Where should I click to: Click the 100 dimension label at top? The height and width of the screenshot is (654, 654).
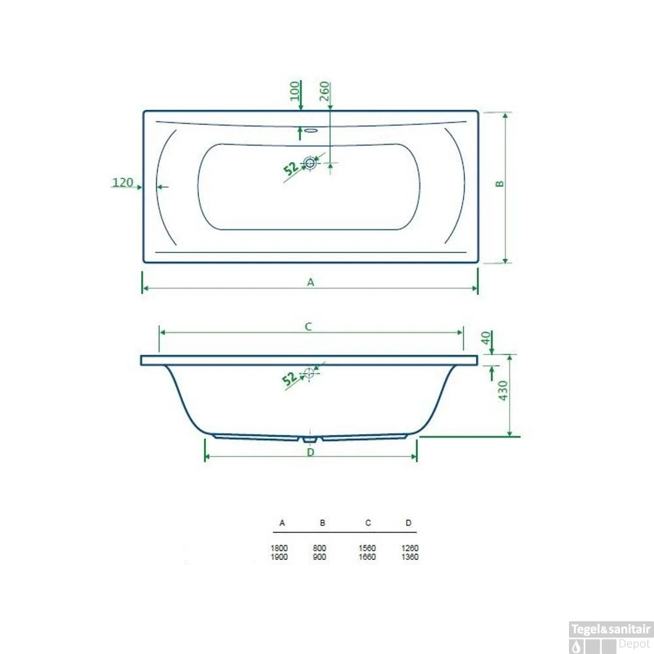coord(295,90)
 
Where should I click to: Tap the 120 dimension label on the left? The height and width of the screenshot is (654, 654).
coord(122,183)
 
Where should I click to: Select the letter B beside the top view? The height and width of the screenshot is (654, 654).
coord(500,184)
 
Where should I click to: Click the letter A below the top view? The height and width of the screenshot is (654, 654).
coord(311,283)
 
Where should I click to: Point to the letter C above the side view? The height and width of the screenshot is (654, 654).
coord(309,326)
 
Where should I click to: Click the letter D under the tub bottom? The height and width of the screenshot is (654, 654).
coord(311,452)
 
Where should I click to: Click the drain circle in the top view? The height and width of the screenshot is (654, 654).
coord(310,162)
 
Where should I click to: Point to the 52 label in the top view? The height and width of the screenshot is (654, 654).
coord(291,168)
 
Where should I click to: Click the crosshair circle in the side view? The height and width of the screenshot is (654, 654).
coord(309,374)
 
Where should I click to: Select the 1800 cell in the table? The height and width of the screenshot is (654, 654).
coord(281,548)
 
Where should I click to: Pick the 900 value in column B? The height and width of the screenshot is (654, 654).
coord(320,557)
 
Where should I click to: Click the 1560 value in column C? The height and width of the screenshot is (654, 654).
coord(367,548)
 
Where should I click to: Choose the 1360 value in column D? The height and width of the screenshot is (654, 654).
coord(410,557)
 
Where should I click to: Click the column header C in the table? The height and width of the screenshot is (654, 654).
coord(368,523)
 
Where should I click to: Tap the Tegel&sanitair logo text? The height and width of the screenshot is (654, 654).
coord(611,629)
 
